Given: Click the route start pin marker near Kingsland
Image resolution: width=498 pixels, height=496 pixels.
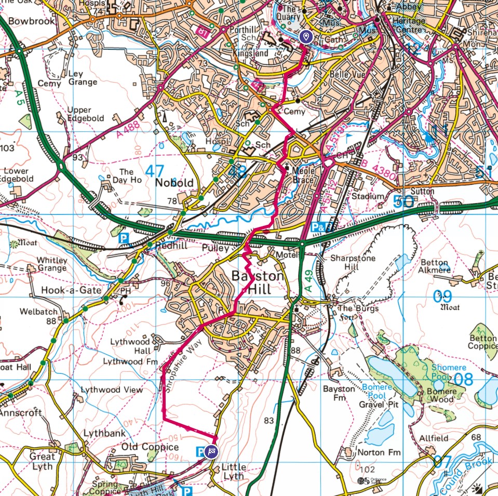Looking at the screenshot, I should (306, 37).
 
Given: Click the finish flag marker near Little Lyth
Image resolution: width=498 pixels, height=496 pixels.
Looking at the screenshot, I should (211, 451).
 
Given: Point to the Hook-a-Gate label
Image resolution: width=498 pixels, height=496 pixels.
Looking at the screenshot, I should (71, 290).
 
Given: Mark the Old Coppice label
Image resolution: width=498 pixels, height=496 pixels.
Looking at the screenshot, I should (150, 447).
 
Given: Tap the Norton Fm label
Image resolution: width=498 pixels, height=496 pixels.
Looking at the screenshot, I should (379, 453).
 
